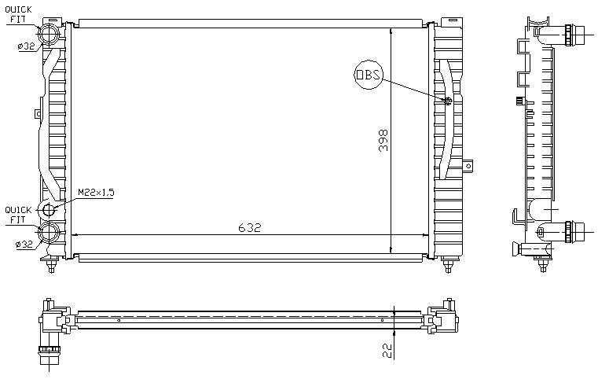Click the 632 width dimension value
tap(249, 227)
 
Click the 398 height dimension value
tap(383, 141)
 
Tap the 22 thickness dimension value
tap(387, 351)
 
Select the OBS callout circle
tap(369, 75)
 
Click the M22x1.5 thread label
tap(96, 193)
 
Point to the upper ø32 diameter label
tap(26, 46)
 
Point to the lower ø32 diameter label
tap(24, 245)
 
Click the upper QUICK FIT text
tap(18, 14)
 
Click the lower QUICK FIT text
tap(18, 215)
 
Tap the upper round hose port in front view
tap(49, 35)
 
